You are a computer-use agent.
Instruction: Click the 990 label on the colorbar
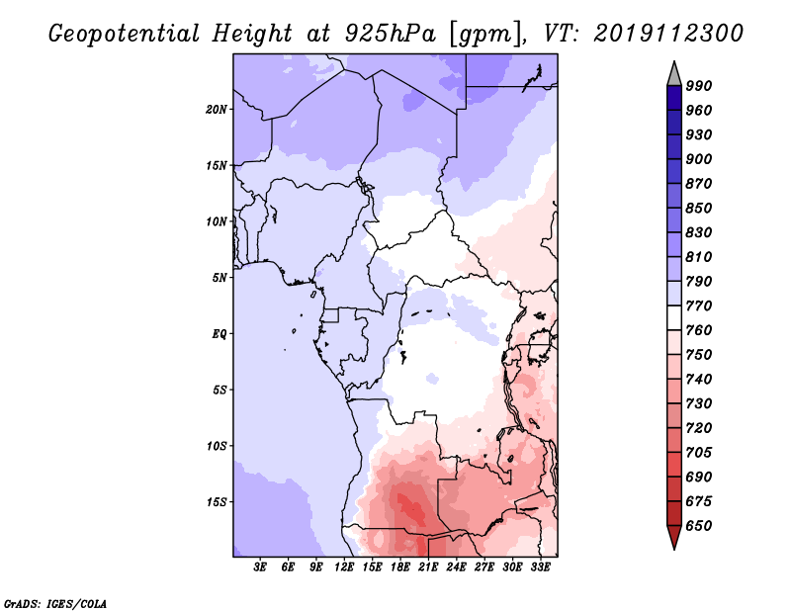click(699, 86)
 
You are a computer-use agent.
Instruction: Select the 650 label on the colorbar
click(699, 526)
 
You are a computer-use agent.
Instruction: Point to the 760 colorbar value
click(699, 330)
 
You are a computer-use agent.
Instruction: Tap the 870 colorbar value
click(699, 184)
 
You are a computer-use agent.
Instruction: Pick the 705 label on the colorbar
click(699, 453)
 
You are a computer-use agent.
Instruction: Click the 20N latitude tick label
click(217, 109)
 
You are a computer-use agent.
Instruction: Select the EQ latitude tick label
click(219, 333)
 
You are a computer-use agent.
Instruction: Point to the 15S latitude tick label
click(217, 501)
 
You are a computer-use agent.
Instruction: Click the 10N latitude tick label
click(217, 221)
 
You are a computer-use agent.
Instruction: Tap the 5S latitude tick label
click(220, 390)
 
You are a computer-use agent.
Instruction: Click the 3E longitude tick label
click(261, 567)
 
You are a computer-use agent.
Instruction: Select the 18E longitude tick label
click(400, 567)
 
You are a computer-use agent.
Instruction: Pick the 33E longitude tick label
click(540, 567)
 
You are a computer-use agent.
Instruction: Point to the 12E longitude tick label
click(345, 567)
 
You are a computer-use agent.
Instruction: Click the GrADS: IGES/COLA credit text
click(55, 602)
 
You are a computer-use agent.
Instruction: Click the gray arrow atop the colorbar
click(674, 72)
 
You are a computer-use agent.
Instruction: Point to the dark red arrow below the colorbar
click(674, 538)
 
